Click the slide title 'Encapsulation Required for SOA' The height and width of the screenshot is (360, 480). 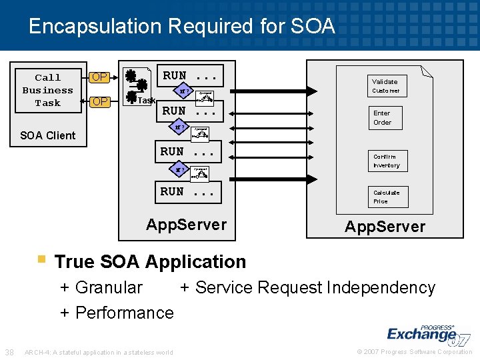point(181,26)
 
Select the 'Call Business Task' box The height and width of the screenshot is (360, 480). point(47,90)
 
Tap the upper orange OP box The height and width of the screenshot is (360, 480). point(100,77)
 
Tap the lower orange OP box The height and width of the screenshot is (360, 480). point(100,101)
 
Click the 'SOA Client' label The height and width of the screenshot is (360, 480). point(47,135)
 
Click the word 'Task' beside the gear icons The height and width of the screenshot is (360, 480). point(146,101)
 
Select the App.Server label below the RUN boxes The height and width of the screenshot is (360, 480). point(186,225)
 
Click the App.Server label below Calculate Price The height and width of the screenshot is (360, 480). point(385,227)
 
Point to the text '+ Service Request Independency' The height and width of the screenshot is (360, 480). point(307,288)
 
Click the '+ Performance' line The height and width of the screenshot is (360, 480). point(117,313)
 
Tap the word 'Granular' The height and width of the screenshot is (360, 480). point(109,288)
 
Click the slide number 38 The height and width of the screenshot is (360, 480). point(9,352)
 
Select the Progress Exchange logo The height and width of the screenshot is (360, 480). point(427,334)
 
